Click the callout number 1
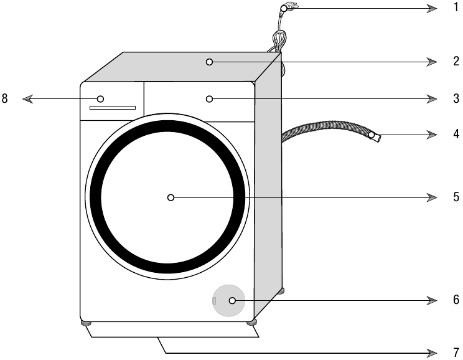coord(456,9)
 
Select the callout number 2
coord(456,62)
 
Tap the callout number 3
coord(456,99)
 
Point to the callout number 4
coord(456,135)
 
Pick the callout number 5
coord(456,197)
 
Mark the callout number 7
coord(456,352)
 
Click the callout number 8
coord(5,99)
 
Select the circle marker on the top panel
coord(209,62)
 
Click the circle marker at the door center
coord(171,197)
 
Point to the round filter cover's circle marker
coord(231,301)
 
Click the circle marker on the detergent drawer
coord(100,99)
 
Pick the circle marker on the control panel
coord(209,99)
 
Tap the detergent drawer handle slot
coord(113,108)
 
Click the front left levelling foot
coord(85,323)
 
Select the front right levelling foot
coord(251,323)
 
